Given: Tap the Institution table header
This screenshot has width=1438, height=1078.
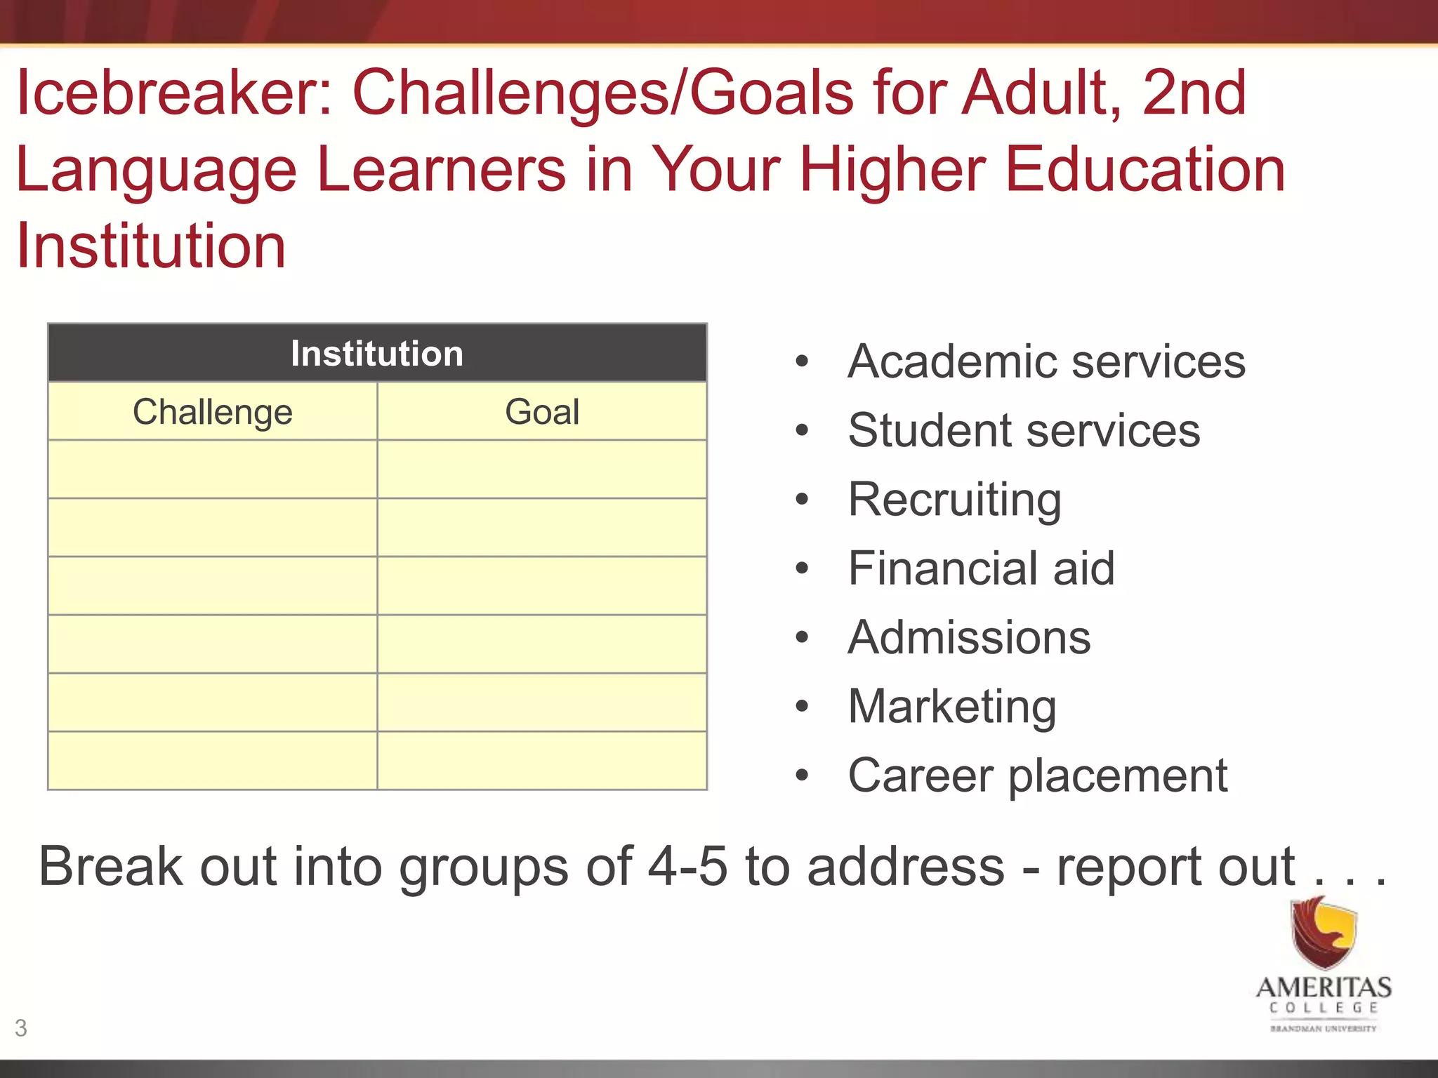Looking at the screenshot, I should click(377, 354).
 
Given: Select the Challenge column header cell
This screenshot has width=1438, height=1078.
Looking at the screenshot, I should click(212, 412).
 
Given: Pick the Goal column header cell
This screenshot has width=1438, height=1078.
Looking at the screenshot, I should click(542, 412).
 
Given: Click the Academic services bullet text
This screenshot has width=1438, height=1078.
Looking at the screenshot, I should click(1046, 361).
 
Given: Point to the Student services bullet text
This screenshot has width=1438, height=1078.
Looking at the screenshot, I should click(1024, 430).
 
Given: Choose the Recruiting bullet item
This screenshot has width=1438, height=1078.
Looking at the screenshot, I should click(954, 499).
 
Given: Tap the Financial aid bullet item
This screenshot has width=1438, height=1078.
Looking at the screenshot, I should click(981, 568).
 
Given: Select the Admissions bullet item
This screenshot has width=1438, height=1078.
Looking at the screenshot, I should click(969, 637).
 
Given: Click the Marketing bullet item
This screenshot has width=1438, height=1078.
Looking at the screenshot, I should click(951, 706).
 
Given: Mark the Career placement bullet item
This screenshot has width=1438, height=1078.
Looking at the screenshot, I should click(1038, 776).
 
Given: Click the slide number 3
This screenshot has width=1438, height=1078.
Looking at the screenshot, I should click(21, 1028).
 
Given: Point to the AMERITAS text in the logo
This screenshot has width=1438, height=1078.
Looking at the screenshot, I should click(1324, 987).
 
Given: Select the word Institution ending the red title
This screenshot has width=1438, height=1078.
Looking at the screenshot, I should click(151, 246).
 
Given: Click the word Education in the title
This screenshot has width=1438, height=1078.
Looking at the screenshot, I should click(1145, 170).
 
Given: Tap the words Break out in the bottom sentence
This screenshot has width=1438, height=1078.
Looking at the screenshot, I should click(158, 867).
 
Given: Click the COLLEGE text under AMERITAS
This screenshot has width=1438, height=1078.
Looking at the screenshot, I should click(1324, 1009).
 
